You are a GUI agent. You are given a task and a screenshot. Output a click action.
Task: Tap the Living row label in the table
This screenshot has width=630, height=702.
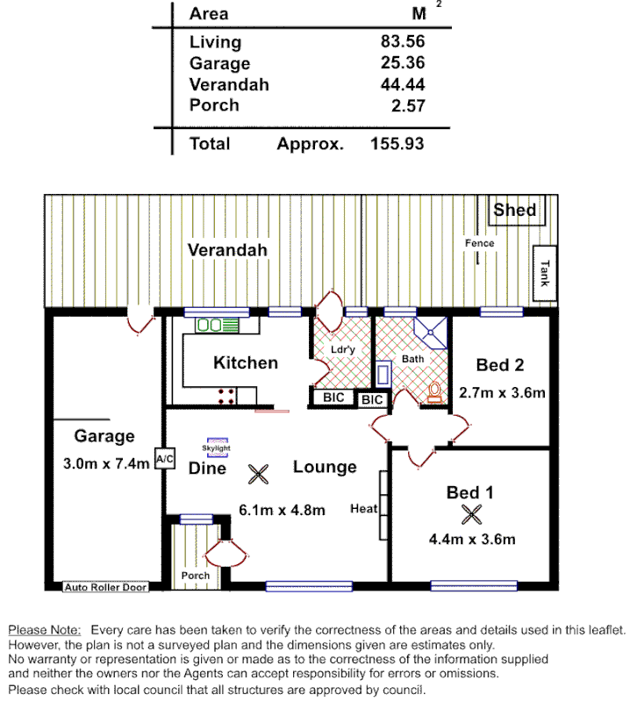click(215, 42)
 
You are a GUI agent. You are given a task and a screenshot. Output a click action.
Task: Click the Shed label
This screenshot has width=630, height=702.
click(514, 210)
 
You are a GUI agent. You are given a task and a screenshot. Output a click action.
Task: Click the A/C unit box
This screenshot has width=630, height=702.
click(164, 458)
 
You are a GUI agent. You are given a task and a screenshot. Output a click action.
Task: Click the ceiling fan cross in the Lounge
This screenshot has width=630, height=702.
click(258, 475)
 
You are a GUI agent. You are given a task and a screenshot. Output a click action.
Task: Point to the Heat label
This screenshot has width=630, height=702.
click(362, 508)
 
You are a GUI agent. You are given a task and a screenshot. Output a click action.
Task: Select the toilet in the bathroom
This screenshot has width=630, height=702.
click(434, 392)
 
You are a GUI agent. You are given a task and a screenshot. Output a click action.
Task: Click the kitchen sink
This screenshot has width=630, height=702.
click(217, 326)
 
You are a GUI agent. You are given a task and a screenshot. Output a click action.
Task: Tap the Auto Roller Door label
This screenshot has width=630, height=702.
click(106, 587)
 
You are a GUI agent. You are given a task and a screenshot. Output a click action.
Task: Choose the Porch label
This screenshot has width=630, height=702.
click(195, 576)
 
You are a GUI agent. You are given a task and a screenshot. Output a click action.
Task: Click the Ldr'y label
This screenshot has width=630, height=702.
click(341, 350)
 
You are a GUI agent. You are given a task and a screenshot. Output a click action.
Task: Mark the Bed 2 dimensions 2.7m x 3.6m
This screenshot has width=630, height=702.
click(502, 392)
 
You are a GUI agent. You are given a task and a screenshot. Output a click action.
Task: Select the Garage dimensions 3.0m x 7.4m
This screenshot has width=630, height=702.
click(106, 464)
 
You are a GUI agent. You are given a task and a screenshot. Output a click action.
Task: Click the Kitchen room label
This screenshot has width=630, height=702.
click(246, 362)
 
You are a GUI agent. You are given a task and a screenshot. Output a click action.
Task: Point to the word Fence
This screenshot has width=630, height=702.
click(480, 243)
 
